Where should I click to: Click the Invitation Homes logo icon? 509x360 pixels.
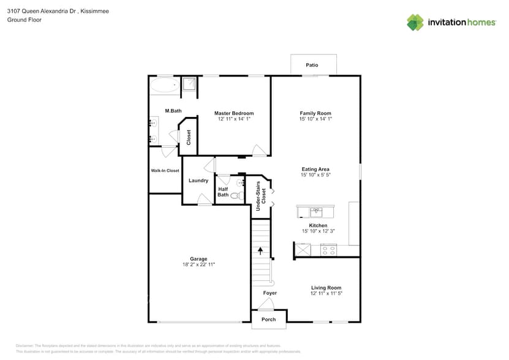pyautogui.click(x=415, y=22)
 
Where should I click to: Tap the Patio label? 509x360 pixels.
pyautogui.click(x=312, y=65)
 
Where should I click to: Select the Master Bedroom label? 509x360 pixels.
pyautogui.click(x=233, y=113)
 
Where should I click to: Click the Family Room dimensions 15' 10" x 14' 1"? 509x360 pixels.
pyautogui.click(x=315, y=119)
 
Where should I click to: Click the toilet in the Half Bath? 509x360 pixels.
pyautogui.click(x=236, y=196)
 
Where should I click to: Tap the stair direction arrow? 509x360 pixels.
pyautogui.click(x=261, y=250)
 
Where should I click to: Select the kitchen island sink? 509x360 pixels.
pyautogui.click(x=316, y=212)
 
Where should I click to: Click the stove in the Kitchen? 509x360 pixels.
pyautogui.click(x=328, y=250)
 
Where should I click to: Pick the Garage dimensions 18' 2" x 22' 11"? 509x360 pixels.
pyautogui.click(x=198, y=264)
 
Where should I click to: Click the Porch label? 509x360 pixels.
pyautogui.click(x=269, y=319)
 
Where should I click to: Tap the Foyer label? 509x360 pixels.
pyautogui.click(x=270, y=293)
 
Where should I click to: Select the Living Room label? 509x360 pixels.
pyautogui.click(x=326, y=288)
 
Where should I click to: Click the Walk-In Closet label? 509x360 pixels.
pyautogui.click(x=165, y=171)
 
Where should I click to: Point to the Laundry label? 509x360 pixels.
pyautogui.click(x=198, y=181)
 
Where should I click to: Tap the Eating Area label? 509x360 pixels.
pyautogui.click(x=315, y=169)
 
